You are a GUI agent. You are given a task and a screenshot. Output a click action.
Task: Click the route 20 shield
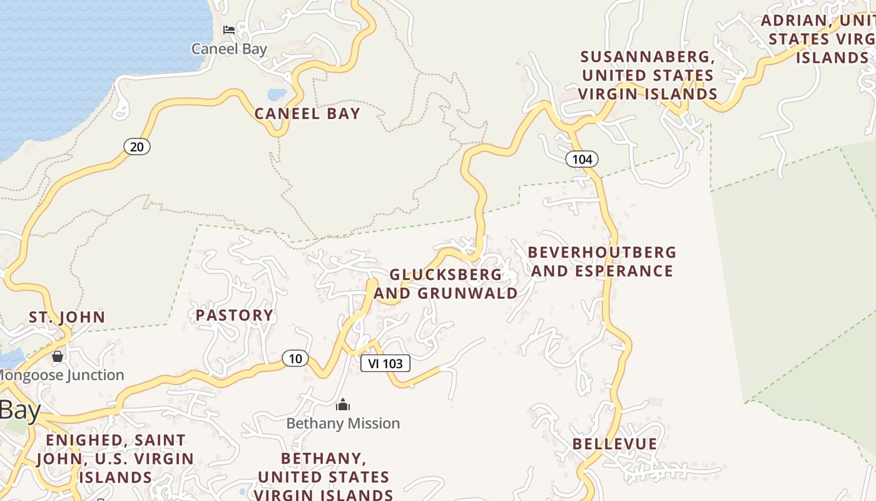click(x=137, y=147)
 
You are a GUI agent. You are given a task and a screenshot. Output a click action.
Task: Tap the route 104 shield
click(x=582, y=159)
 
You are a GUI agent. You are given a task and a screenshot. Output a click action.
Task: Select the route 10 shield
click(x=295, y=359)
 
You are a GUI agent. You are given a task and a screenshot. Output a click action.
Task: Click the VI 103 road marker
click(x=385, y=363)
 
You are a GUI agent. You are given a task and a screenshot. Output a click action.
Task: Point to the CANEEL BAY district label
click(x=307, y=113)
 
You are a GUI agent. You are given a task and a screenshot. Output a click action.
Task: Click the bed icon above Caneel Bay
click(x=229, y=30)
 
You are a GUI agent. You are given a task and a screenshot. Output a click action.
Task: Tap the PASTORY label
click(x=235, y=315)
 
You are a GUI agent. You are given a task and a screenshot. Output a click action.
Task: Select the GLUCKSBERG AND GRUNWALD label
click(x=446, y=284)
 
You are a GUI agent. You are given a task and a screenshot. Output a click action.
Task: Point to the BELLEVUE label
click(x=615, y=444)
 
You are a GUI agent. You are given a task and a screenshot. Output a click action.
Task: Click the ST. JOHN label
click(x=67, y=317)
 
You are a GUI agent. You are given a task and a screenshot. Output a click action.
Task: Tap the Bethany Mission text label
click(x=343, y=423)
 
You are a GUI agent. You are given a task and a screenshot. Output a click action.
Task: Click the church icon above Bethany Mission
click(x=343, y=405)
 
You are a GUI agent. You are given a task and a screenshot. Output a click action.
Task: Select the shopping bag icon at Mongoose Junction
click(x=58, y=356)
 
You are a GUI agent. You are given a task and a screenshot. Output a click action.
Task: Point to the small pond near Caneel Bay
click(x=277, y=95)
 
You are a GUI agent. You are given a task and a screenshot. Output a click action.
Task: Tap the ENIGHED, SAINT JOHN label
click(x=115, y=458)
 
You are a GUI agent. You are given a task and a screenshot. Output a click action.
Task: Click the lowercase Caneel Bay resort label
click(x=229, y=49)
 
